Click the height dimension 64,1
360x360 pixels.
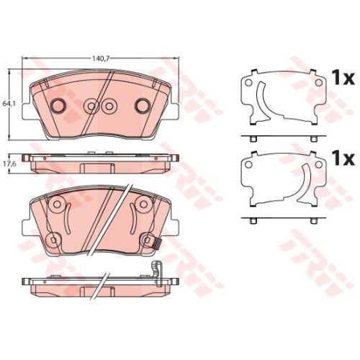[9, 103]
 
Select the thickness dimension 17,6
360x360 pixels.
[9, 162]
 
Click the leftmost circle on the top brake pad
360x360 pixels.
[58, 105]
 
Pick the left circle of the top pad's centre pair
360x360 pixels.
[91, 106]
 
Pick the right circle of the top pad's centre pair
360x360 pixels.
[109, 106]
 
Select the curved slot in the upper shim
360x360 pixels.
[266, 100]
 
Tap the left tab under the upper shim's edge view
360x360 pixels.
[254, 139]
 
